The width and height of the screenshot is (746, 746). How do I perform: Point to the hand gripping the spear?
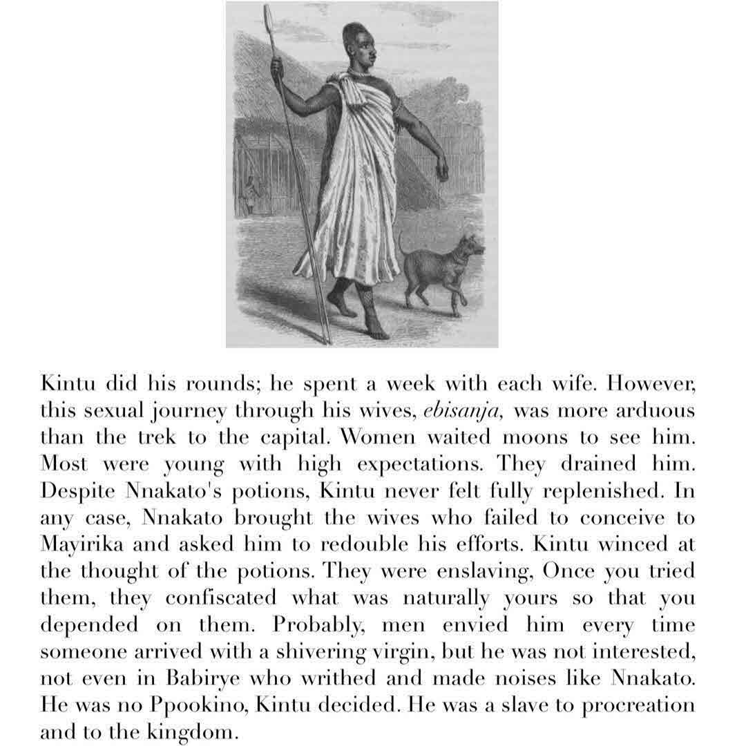click(277, 68)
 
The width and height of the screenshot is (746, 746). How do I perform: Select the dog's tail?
click(403, 243)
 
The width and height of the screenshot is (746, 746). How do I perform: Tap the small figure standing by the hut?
click(249, 195)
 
